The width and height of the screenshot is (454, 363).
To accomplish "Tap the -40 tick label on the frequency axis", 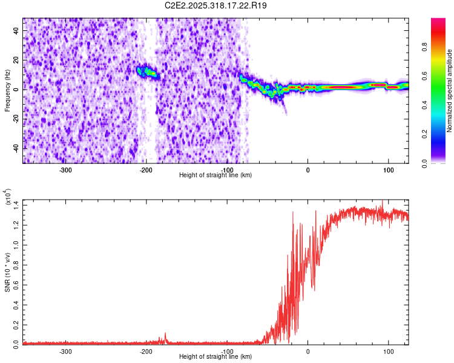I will tap(15, 148).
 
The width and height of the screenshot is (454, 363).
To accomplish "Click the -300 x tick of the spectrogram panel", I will tap(66, 169).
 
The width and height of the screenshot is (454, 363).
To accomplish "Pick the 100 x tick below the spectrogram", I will tap(388, 169).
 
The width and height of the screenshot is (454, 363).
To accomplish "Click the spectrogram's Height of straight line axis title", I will tap(215, 175).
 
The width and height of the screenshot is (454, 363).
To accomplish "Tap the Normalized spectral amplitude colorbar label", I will tap(449, 91).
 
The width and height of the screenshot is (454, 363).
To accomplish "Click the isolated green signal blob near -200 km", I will tap(146, 72).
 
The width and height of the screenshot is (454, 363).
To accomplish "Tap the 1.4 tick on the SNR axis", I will tap(15, 204).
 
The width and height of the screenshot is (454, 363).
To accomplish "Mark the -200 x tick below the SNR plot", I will tap(146, 351).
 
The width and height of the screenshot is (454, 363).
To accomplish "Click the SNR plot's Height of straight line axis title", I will tap(215, 357).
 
